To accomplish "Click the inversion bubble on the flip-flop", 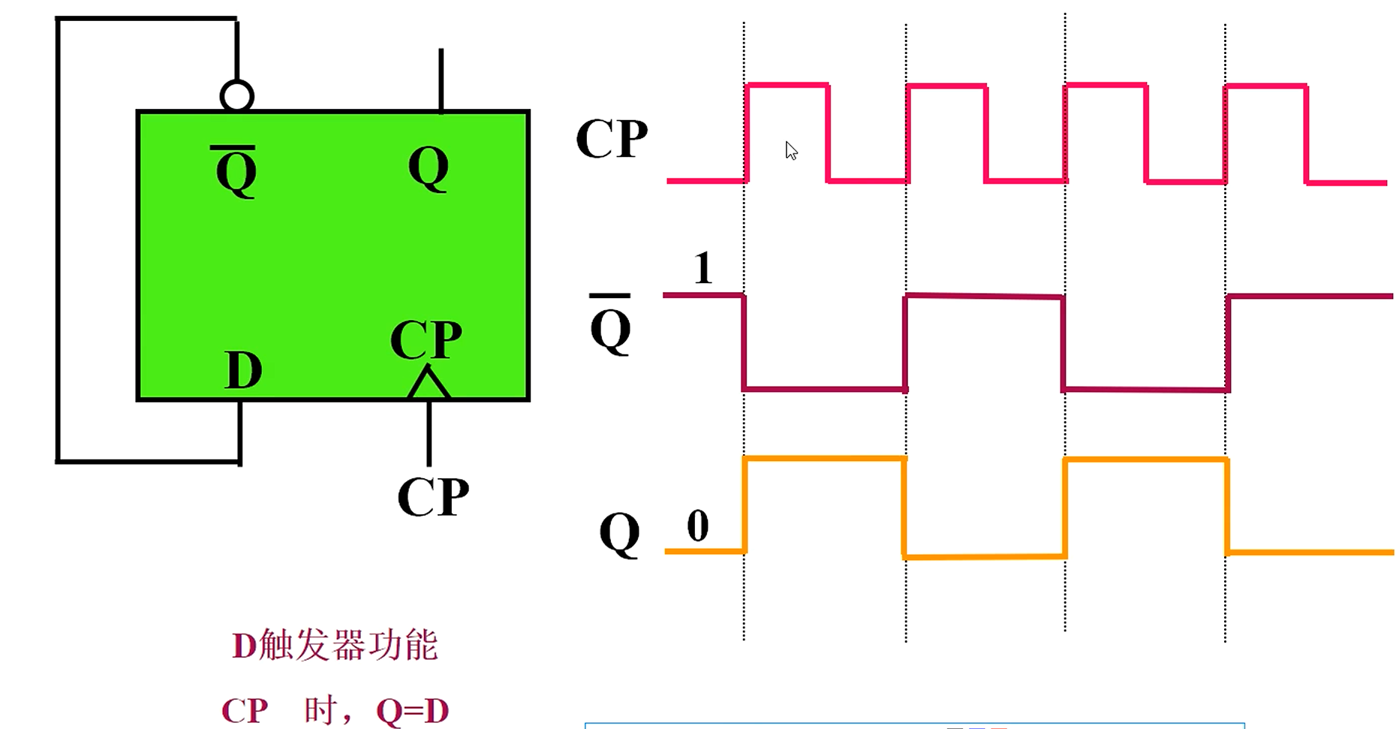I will tap(237, 96).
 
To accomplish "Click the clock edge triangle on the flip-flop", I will tap(429, 383).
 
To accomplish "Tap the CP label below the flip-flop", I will tap(433, 496).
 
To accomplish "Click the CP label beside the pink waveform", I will tap(612, 139).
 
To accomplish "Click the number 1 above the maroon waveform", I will tap(703, 268).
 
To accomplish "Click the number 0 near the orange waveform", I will tap(698, 526).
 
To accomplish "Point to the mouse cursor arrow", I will tap(790, 149).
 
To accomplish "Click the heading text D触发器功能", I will tap(335, 645).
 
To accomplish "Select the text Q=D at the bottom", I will tap(412, 710).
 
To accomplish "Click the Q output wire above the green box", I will tap(441, 80).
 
